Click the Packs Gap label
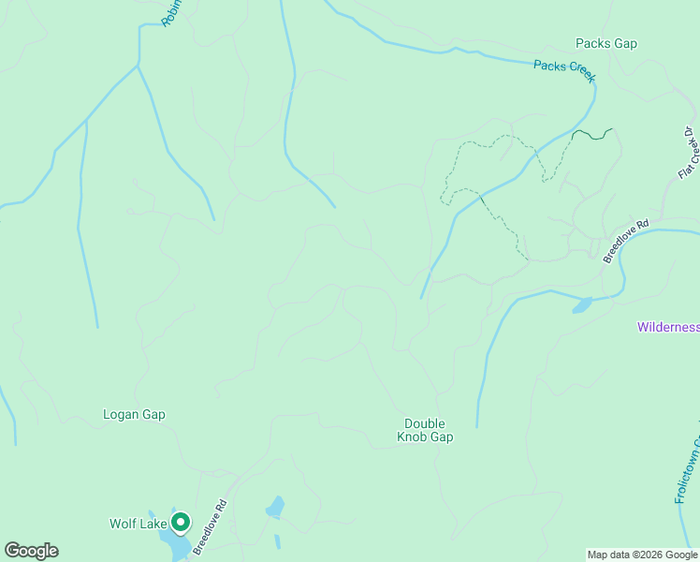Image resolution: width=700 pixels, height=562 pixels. point(605,44)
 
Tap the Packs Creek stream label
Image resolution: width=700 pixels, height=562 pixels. point(564,71)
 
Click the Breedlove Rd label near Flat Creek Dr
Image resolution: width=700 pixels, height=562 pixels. point(626,242)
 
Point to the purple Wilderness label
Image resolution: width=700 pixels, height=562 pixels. point(667,327)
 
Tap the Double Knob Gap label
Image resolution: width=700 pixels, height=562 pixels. point(425,430)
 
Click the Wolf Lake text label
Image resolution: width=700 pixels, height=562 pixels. point(138,524)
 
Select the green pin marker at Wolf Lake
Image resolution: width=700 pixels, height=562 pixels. point(180,522)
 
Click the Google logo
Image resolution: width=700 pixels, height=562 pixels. point(31,551)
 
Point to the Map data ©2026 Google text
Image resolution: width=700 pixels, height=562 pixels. point(642,555)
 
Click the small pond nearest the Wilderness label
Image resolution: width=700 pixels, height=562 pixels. point(582,305)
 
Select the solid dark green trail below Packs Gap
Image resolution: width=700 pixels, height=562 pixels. point(592,135)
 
